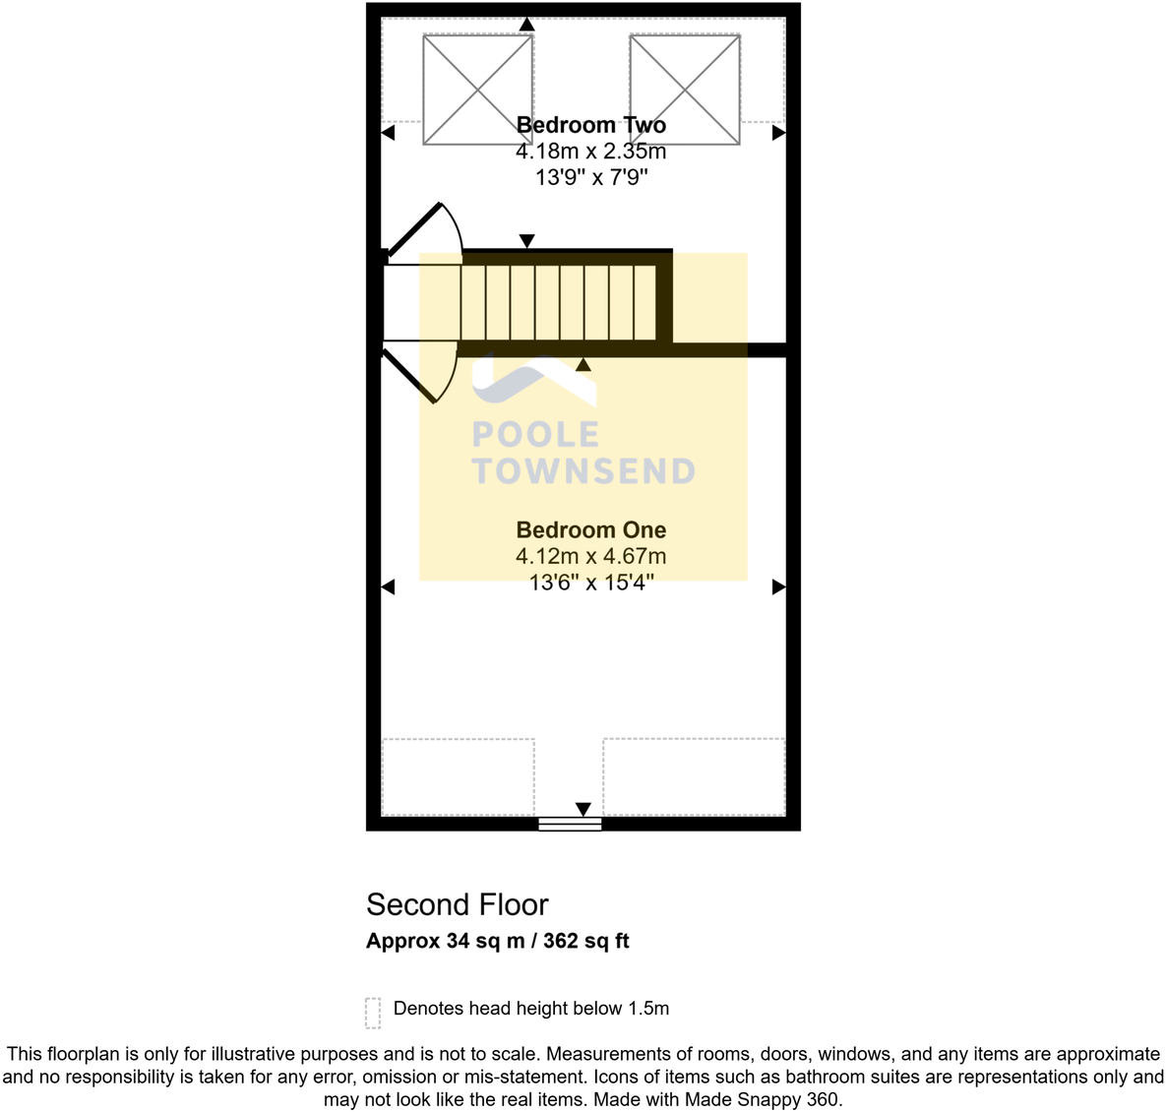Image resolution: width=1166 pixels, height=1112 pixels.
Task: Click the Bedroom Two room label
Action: tap(590, 125)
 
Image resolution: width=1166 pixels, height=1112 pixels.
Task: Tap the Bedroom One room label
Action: tap(590, 530)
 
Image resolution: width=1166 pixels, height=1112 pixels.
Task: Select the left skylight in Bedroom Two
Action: tap(477, 90)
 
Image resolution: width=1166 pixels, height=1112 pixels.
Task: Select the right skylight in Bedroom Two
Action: tap(685, 90)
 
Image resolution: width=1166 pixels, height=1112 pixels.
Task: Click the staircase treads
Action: tap(559, 302)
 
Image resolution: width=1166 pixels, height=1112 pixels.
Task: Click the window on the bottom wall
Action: tap(570, 825)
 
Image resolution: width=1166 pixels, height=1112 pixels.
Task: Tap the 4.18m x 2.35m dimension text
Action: tap(590, 152)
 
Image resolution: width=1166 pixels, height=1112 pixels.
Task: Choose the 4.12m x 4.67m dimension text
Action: tap(590, 557)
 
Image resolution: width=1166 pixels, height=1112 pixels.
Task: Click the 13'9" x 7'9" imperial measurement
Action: tap(590, 178)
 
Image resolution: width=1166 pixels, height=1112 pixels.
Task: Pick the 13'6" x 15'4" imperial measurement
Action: tap(590, 583)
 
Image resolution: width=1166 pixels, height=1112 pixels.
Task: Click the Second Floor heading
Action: tap(457, 904)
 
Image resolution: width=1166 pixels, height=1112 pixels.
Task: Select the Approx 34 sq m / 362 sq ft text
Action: tap(497, 941)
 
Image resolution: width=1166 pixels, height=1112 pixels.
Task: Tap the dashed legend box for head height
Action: tap(373, 1012)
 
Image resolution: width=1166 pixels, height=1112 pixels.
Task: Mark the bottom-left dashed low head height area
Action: tap(458, 776)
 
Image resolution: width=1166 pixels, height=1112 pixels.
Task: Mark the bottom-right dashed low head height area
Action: tap(694, 776)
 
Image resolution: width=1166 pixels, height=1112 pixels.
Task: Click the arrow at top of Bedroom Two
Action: tap(527, 24)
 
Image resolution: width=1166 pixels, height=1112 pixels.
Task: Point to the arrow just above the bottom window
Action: tap(583, 809)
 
